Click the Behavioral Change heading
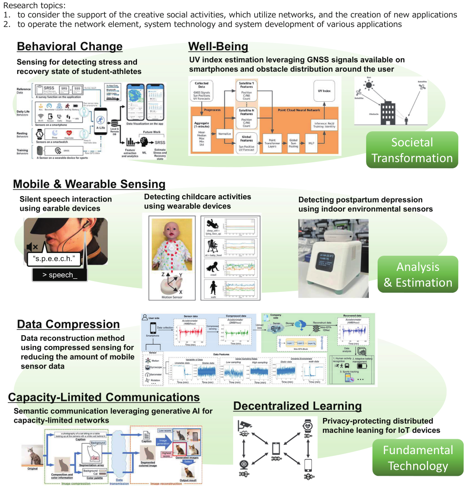point(69,47)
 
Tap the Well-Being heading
point(218,47)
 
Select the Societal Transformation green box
point(412,150)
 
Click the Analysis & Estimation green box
point(418,275)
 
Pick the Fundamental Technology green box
point(418,458)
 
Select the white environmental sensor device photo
point(333,259)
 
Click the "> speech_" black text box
point(60,275)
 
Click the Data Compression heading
point(68,324)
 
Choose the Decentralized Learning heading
point(297,406)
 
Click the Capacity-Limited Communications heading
point(104,397)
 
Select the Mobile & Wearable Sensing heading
point(89,184)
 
